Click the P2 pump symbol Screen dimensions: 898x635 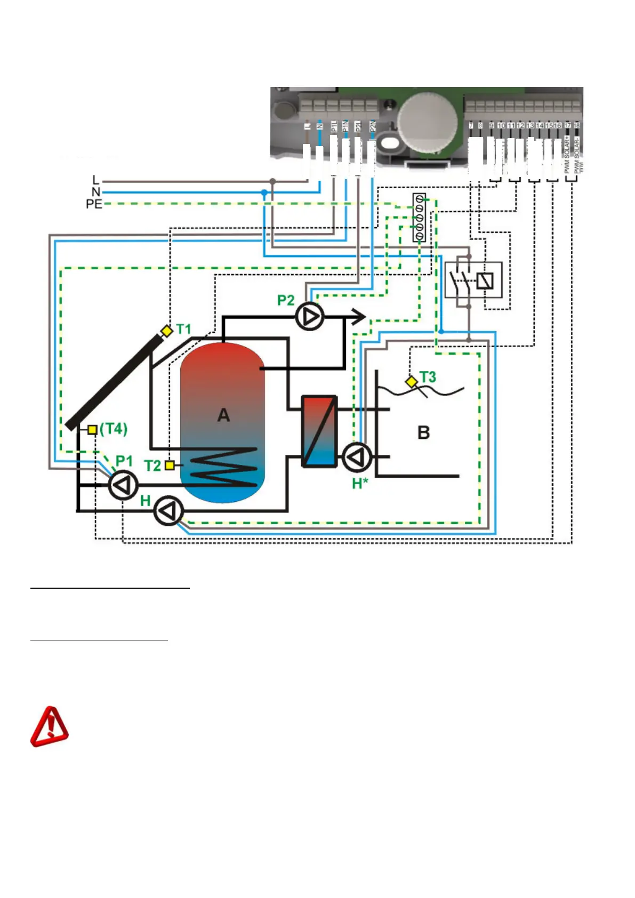pos(309,317)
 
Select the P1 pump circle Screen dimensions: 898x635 pos(123,485)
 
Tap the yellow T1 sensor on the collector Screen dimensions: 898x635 pos(167,331)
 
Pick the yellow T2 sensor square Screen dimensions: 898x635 pos(170,465)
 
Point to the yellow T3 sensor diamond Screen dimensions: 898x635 pos(412,382)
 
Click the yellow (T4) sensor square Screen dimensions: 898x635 pos(93,430)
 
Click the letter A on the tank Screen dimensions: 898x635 pos(223,415)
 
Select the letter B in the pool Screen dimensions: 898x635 pos(423,432)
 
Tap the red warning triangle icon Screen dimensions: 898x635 pos(49,727)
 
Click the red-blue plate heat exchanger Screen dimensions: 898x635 pos(319,431)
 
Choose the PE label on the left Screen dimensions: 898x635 pos(94,204)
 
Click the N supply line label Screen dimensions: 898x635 pos(96,192)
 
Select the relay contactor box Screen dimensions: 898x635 pos(473,280)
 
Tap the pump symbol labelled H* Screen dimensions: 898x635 pos(356,457)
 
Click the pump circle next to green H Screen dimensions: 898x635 pos(168,511)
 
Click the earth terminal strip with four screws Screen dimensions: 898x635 pos(419,218)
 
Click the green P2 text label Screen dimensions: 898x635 pos(286,300)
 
